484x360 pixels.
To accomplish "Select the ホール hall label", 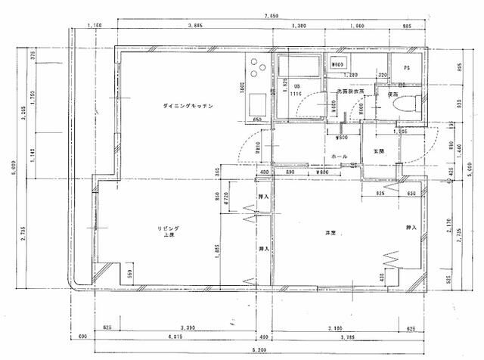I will click(340, 157).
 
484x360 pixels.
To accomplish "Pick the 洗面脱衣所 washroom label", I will click(351, 92).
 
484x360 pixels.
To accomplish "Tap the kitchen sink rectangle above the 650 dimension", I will click(256, 102).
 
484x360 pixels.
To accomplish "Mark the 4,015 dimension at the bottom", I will click(175, 337).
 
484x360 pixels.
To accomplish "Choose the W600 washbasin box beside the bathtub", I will click(338, 64).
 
